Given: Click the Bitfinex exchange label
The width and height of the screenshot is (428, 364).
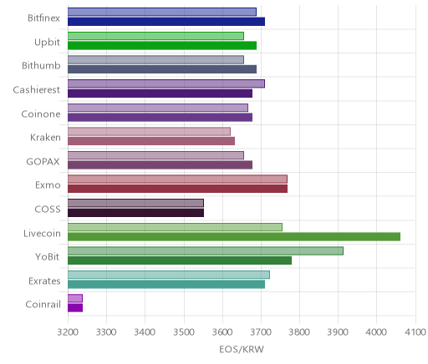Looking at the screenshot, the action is click(43, 18).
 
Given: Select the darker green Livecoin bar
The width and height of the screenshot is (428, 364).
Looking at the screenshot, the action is click(234, 237).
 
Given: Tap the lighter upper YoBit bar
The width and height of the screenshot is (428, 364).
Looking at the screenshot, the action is click(206, 250).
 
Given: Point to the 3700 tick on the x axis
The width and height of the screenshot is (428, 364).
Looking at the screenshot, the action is click(262, 332).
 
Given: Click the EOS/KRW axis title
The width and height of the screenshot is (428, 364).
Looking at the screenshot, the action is click(242, 350).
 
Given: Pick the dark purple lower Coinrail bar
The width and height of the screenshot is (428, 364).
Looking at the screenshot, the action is click(75, 308).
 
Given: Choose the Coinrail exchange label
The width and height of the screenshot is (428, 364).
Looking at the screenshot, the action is click(43, 305).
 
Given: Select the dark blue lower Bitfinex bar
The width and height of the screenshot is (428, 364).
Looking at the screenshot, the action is click(166, 22).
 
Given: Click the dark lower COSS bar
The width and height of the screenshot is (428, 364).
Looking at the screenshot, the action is click(135, 213).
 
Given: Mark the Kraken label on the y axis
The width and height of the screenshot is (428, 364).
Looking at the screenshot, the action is click(45, 138).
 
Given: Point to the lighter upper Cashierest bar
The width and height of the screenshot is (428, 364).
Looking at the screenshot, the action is click(166, 83).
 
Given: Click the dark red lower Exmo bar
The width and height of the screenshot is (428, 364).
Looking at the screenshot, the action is click(177, 189).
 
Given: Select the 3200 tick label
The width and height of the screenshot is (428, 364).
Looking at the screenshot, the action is click(68, 332).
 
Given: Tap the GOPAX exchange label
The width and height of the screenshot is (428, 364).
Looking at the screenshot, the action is click(43, 162).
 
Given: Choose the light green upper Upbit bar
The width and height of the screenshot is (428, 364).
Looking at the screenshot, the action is click(155, 36).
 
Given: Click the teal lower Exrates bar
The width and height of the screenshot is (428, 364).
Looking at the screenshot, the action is click(166, 285).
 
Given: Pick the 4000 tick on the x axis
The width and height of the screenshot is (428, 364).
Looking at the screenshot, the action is click(377, 332).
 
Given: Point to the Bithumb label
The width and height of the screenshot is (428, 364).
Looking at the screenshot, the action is click(41, 66).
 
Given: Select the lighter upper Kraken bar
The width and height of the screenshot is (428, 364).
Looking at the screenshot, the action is click(149, 132).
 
